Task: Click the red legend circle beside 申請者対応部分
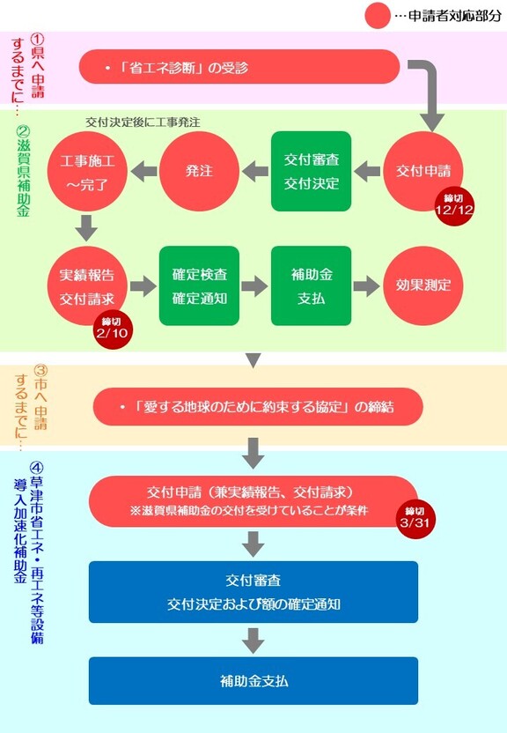[378, 16]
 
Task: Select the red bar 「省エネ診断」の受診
[239, 67]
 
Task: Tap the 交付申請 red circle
[423, 171]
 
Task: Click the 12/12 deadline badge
[453, 206]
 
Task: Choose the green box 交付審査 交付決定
[311, 171]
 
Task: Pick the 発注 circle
[199, 171]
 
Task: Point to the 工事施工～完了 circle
[87, 171]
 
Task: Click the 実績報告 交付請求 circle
[87, 286]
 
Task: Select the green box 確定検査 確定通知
[199, 285]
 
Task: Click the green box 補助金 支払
[311, 285]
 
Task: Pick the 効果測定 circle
[423, 285]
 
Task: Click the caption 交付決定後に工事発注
[143, 122]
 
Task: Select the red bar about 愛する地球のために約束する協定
[258, 407]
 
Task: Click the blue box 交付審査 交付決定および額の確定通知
[253, 592]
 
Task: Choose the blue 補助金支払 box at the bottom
[253, 681]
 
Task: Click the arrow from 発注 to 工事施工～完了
[143, 171]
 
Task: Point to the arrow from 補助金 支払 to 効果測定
[366, 285]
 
